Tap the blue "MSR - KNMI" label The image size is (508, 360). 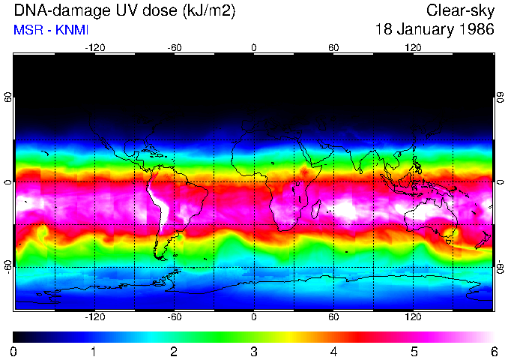click(x=48, y=30)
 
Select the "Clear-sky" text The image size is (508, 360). click(x=460, y=10)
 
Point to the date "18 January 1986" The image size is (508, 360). click(x=435, y=30)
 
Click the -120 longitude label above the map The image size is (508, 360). click(x=94, y=47)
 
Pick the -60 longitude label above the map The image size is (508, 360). click(x=175, y=47)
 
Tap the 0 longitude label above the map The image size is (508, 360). click(x=254, y=47)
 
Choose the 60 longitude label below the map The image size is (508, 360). click(x=333, y=316)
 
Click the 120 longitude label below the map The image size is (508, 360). click(x=413, y=316)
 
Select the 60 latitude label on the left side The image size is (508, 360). click(x=8, y=97)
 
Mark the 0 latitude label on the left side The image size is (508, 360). click(x=8, y=182)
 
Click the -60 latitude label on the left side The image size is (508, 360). click(x=8, y=266)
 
